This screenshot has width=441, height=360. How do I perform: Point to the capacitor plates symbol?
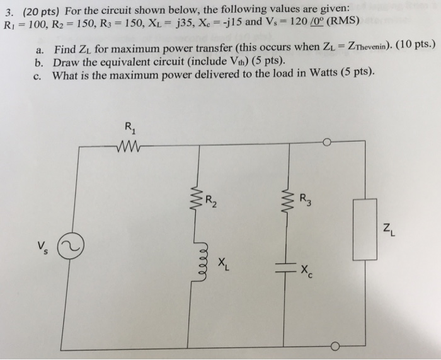click(289, 266)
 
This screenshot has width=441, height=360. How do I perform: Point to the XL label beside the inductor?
click(223, 264)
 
